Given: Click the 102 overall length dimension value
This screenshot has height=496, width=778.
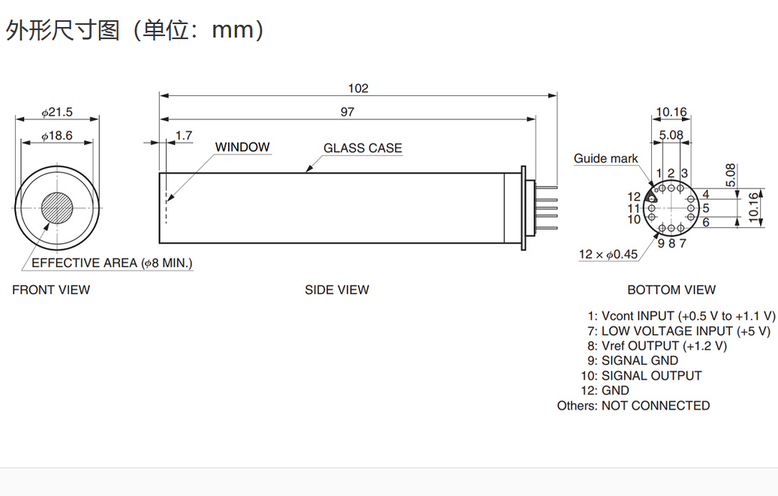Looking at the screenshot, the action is point(358,89).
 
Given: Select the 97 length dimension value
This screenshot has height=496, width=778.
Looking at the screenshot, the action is point(347,113).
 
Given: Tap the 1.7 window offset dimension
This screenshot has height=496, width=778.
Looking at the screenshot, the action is point(184,136).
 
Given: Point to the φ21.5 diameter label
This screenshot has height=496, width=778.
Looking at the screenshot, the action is point(57,113).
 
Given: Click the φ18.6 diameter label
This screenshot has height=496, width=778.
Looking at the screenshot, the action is point(57,136).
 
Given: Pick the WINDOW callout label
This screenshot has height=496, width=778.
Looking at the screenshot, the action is point(242,147).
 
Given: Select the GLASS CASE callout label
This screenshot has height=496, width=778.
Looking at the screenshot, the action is point(362,148).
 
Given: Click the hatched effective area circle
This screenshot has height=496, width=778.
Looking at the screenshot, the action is point(57,208).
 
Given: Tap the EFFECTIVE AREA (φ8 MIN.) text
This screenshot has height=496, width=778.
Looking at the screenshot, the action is point(112,263).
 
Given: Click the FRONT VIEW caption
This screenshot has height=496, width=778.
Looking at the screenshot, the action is point(51,290).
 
